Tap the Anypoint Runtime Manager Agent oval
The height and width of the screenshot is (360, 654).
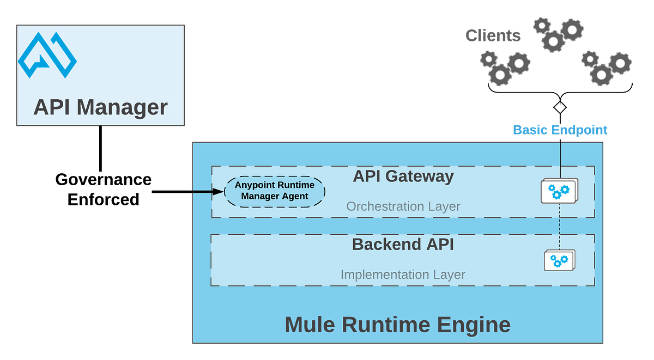274,191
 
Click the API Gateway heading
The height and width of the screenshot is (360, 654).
403,176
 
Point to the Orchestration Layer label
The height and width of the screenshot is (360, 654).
403,207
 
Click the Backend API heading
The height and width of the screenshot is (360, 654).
403,244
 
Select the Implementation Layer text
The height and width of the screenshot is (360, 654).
403,274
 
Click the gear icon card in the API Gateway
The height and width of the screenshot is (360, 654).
559,191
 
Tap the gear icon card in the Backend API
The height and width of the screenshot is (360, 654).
559,260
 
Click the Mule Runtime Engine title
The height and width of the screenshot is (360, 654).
397,325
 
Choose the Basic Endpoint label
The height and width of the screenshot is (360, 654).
560,130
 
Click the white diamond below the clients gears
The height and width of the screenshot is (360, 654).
560,107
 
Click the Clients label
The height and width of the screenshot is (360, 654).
492,36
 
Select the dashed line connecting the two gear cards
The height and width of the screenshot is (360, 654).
560,226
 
